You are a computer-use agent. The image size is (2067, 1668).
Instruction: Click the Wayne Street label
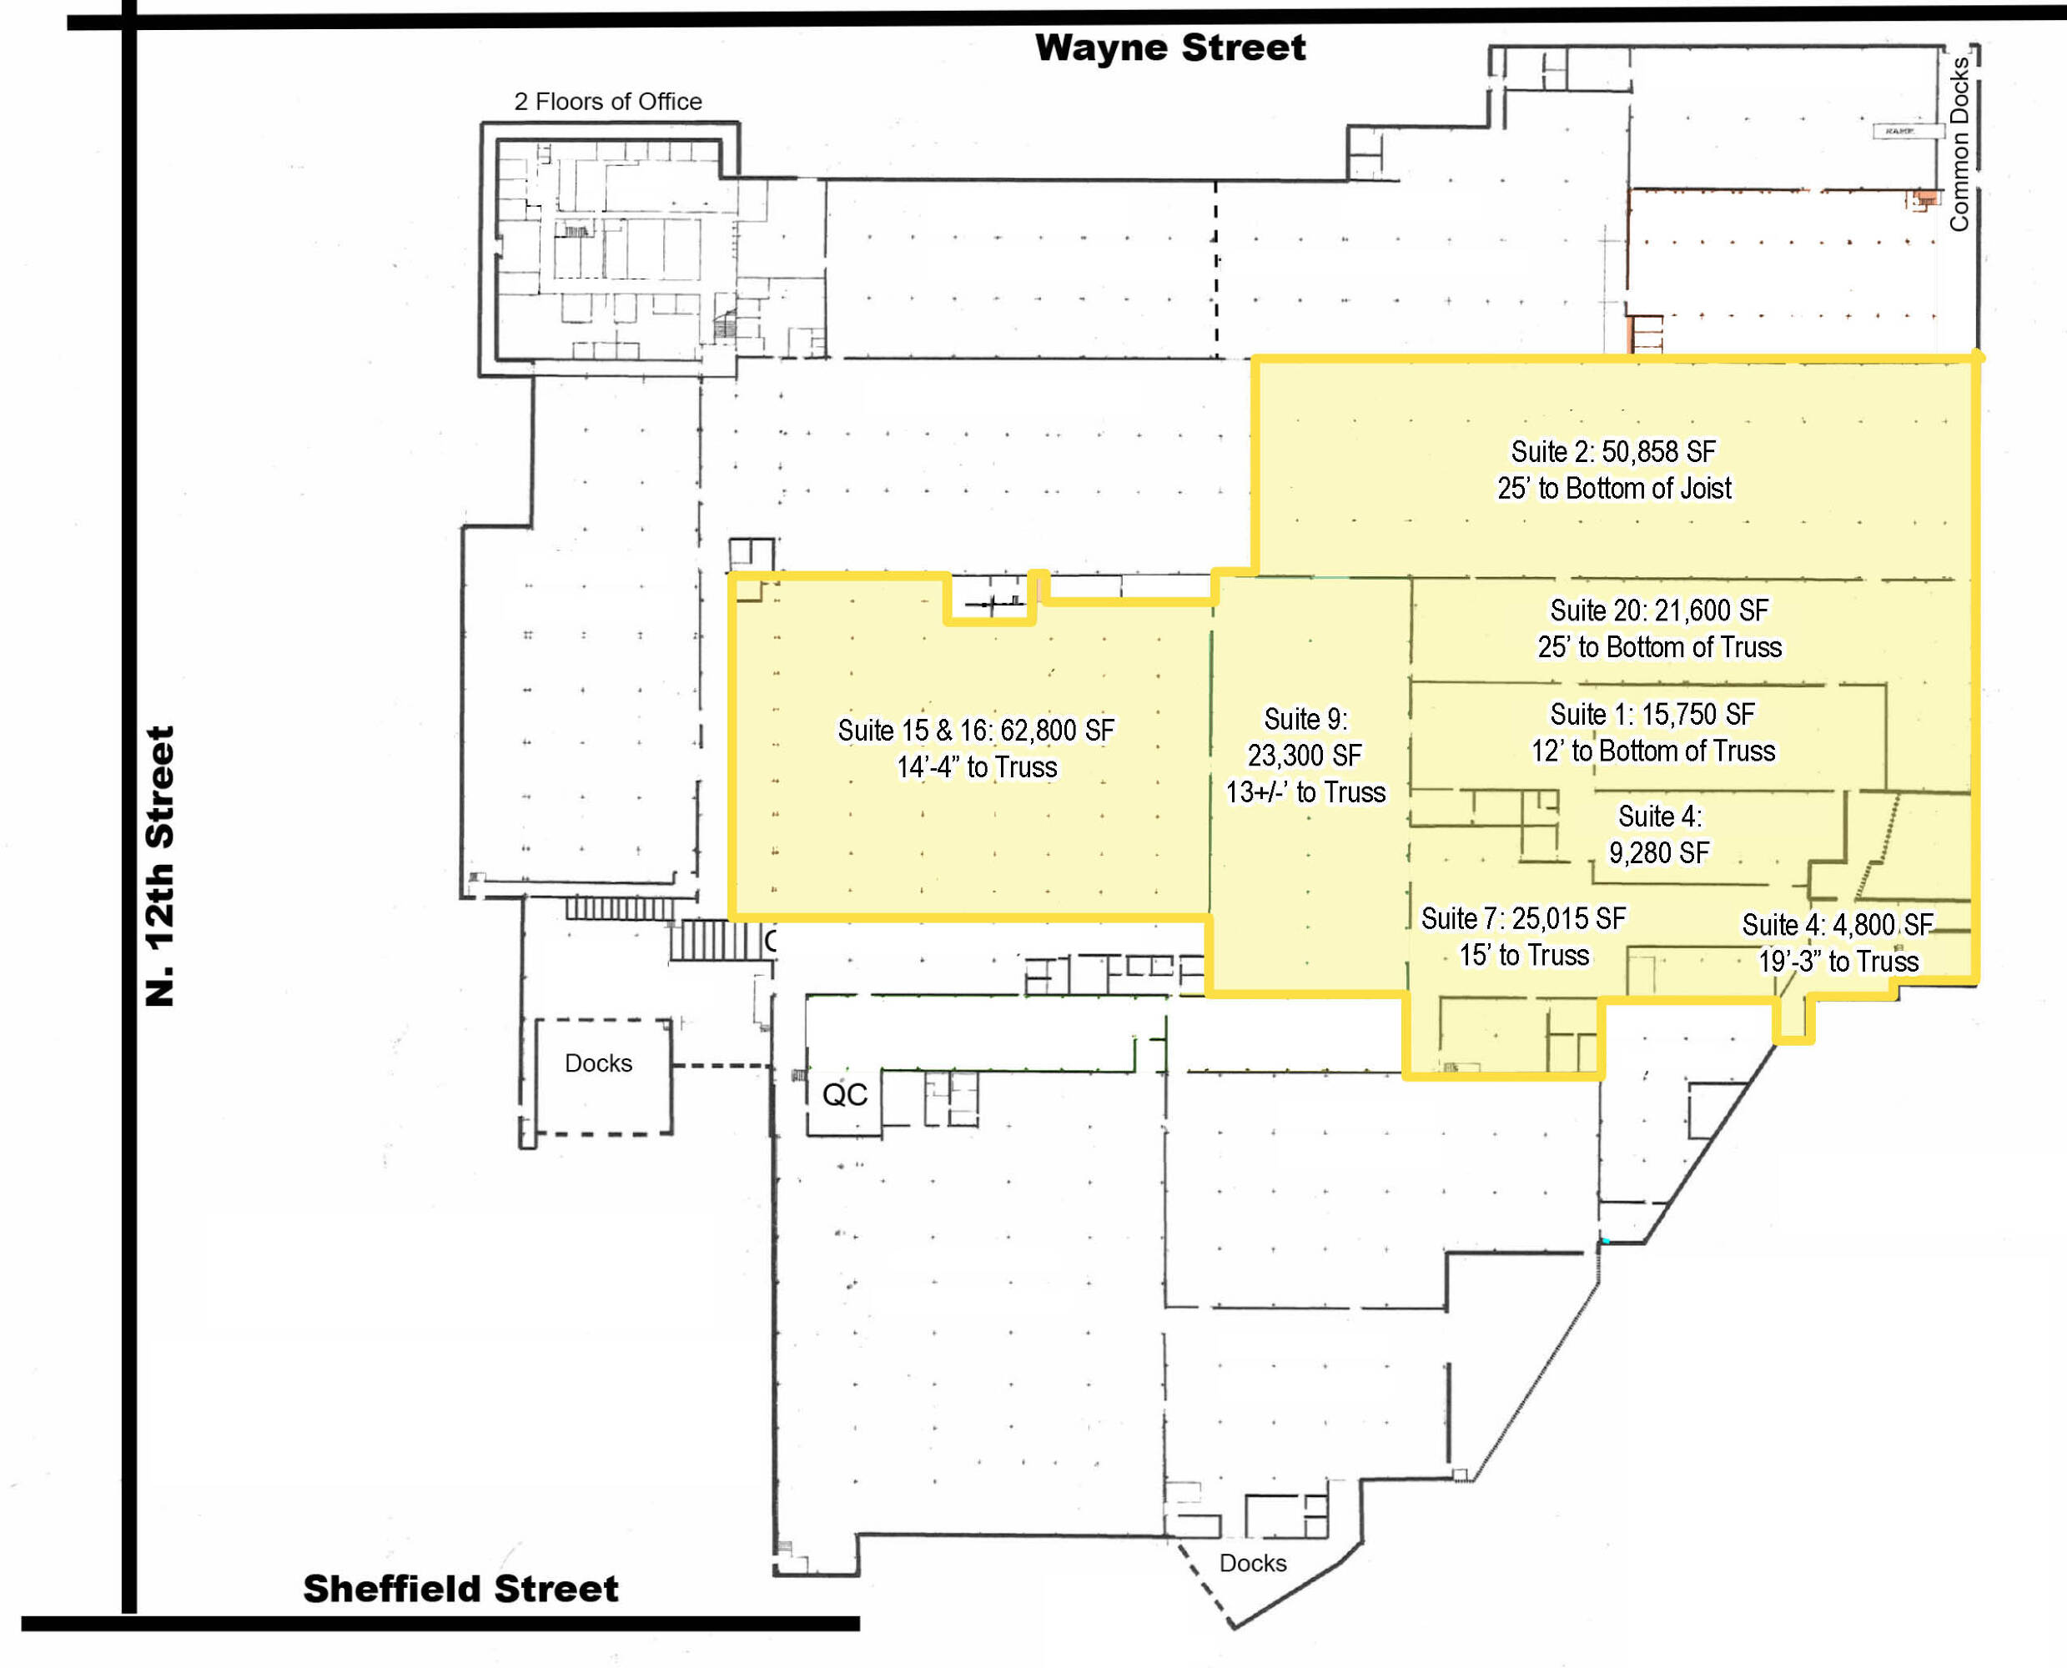click(1169, 47)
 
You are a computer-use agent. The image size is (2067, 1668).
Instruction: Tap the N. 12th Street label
click(159, 866)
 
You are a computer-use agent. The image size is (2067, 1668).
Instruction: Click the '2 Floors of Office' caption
click(607, 101)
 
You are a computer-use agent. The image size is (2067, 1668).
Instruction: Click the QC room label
click(845, 1094)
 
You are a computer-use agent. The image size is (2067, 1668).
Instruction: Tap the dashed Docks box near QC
click(603, 1076)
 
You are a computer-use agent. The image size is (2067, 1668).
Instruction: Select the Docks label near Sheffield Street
click(1252, 1562)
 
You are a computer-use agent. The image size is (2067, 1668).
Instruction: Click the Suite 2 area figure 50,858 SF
click(1657, 451)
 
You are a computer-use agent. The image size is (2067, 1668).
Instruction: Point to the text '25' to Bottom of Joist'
click(1614, 488)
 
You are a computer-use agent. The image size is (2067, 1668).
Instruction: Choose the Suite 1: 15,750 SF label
click(1652, 714)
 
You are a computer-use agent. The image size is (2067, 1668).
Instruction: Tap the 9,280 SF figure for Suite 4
click(1660, 852)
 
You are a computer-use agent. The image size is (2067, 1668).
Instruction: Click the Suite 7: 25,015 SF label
click(1523, 918)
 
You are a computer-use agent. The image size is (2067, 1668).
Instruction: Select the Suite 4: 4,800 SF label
click(1838, 924)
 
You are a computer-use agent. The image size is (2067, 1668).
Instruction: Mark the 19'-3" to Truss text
click(1838, 961)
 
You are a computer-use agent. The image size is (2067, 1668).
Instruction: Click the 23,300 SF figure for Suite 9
click(1305, 756)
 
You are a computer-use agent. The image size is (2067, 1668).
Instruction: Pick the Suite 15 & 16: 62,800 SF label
click(975, 731)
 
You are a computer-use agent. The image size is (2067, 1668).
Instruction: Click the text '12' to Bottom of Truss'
click(1652, 751)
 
